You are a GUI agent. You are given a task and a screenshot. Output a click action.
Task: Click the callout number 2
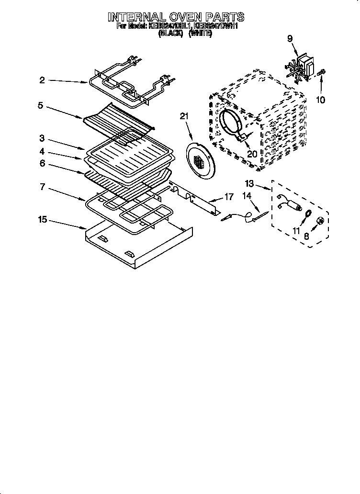click(x=42, y=80)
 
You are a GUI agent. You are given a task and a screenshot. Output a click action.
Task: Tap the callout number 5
click(x=40, y=105)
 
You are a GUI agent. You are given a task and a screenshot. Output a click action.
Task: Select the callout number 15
click(x=43, y=220)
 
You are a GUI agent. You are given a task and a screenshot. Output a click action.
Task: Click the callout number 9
click(x=290, y=39)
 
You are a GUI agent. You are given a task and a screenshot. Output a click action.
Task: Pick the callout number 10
click(x=320, y=100)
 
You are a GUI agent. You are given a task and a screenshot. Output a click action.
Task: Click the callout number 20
click(x=252, y=153)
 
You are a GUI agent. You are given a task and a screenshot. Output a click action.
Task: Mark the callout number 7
click(x=42, y=187)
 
